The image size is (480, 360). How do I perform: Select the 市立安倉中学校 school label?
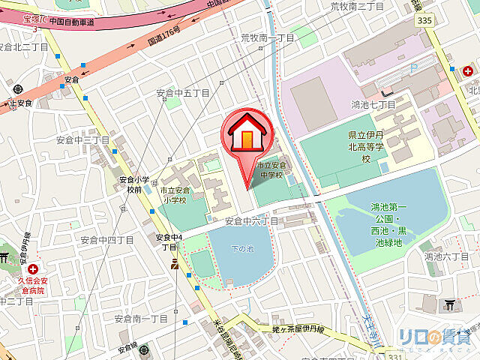click(269, 170)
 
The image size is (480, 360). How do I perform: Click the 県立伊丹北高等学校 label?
click(366, 147)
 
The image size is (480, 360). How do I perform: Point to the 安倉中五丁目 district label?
click(183, 94)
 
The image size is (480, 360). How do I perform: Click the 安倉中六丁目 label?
click(252, 221)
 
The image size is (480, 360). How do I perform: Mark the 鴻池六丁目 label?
click(446, 256)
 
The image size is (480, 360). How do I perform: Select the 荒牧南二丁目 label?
click(358, 6)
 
